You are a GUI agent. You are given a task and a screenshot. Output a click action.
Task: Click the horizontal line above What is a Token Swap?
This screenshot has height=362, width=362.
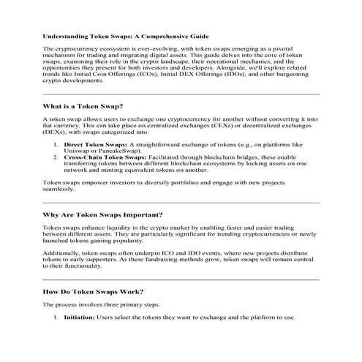point(181,93)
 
